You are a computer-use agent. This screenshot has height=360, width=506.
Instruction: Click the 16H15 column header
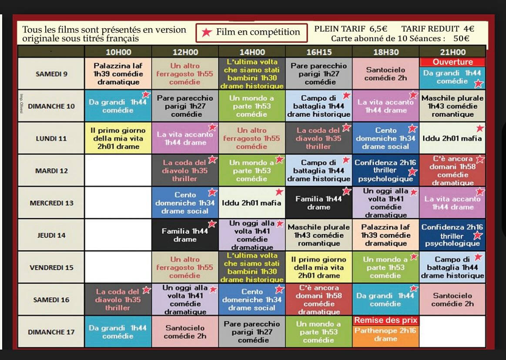(x=319, y=52)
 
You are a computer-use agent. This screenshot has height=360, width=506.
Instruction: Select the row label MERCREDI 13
(x=51, y=203)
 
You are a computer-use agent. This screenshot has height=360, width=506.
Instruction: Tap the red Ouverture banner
(x=452, y=62)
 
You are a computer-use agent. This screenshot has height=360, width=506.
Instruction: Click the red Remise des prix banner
(x=385, y=320)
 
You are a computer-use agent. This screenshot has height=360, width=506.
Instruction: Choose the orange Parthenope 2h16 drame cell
(x=385, y=335)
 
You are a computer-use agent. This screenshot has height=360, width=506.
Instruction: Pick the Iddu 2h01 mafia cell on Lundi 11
(x=452, y=138)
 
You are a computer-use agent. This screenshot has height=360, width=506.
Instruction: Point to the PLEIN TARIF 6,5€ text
(x=351, y=29)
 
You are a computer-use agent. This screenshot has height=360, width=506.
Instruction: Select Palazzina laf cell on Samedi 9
(x=118, y=74)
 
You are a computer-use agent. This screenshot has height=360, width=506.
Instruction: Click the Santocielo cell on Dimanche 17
(x=185, y=332)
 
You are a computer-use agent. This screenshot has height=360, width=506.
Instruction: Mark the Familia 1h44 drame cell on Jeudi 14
(x=185, y=235)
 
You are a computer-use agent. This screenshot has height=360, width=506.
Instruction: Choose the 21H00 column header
(x=452, y=52)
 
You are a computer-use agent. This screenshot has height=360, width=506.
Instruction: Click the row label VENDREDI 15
(x=51, y=267)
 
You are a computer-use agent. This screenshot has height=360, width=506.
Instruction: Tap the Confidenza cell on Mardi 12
(x=385, y=170)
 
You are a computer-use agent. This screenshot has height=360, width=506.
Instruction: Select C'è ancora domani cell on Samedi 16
(x=319, y=300)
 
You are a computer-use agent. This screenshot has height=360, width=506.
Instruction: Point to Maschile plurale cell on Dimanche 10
(x=452, y=106)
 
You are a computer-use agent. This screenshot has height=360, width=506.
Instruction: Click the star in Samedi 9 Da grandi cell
(x=478, y=83)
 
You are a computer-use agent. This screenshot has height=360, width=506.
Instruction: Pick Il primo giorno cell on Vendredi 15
(x=319, y=267)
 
